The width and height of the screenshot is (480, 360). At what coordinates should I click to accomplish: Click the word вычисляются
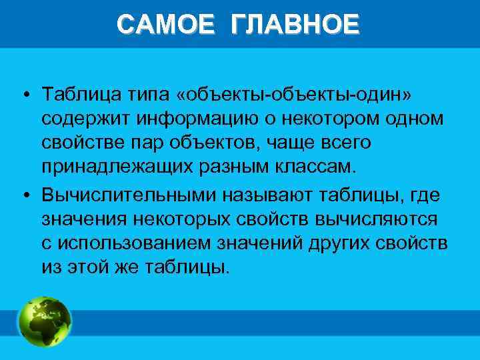[x=381, y=219]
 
